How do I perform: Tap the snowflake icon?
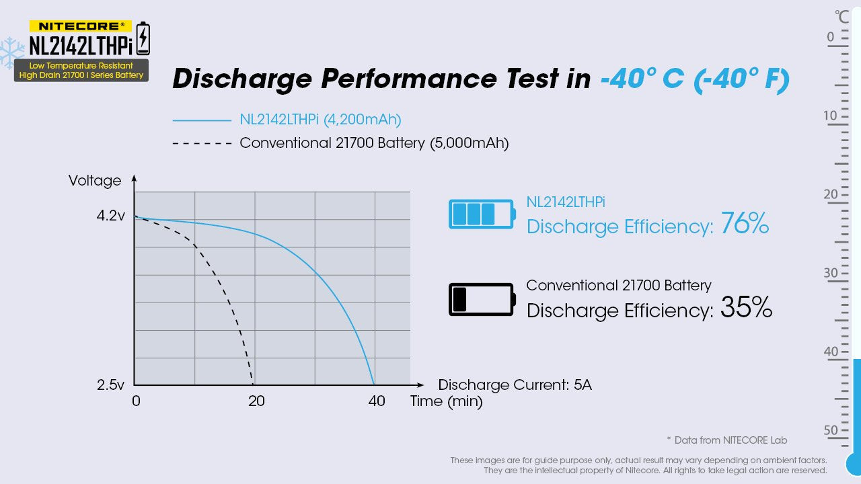pos(11,52)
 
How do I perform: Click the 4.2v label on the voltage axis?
pos(110,217)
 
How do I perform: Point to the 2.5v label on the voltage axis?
pos(110,385)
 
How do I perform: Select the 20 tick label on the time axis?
pos(256,401)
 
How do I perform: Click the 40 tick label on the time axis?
pos(377,401)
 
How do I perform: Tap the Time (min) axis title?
pos(447,402)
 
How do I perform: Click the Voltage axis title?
pos(95,181)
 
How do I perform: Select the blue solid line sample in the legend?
pos(202,121)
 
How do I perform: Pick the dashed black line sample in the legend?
pos(202,143)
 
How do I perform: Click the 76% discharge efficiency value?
pos(744,224)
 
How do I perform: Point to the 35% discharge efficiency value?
pos(746,308)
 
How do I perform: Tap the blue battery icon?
pos(482,214)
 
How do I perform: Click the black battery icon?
pos(482,299)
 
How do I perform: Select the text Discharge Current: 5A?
pos(515,385)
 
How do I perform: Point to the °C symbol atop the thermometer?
pos(841,16)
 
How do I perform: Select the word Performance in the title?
pos(439,79)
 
